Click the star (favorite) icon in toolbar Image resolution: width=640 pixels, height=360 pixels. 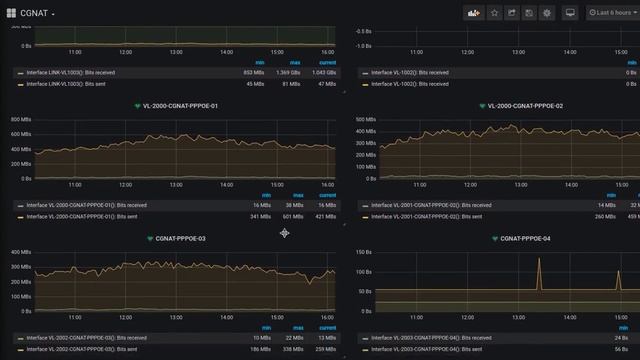(x=493, y=13)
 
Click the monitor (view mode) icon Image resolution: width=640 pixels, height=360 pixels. (x=570, y=13)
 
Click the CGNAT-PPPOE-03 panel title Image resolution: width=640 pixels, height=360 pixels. (x=180, y=239)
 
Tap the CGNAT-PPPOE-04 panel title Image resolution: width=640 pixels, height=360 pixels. (x=524, y=239)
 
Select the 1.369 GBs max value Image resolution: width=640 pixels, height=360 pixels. (x=288, y=73)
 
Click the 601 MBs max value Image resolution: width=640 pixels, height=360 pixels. (x=292, y=216)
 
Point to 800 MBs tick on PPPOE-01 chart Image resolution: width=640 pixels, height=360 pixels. (x=21, y=119)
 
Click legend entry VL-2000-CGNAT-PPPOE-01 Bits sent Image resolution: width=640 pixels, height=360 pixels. (x=82, y=216)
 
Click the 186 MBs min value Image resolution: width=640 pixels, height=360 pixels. (x=260, y=350)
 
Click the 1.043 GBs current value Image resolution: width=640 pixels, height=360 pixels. (x=322, y=73)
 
